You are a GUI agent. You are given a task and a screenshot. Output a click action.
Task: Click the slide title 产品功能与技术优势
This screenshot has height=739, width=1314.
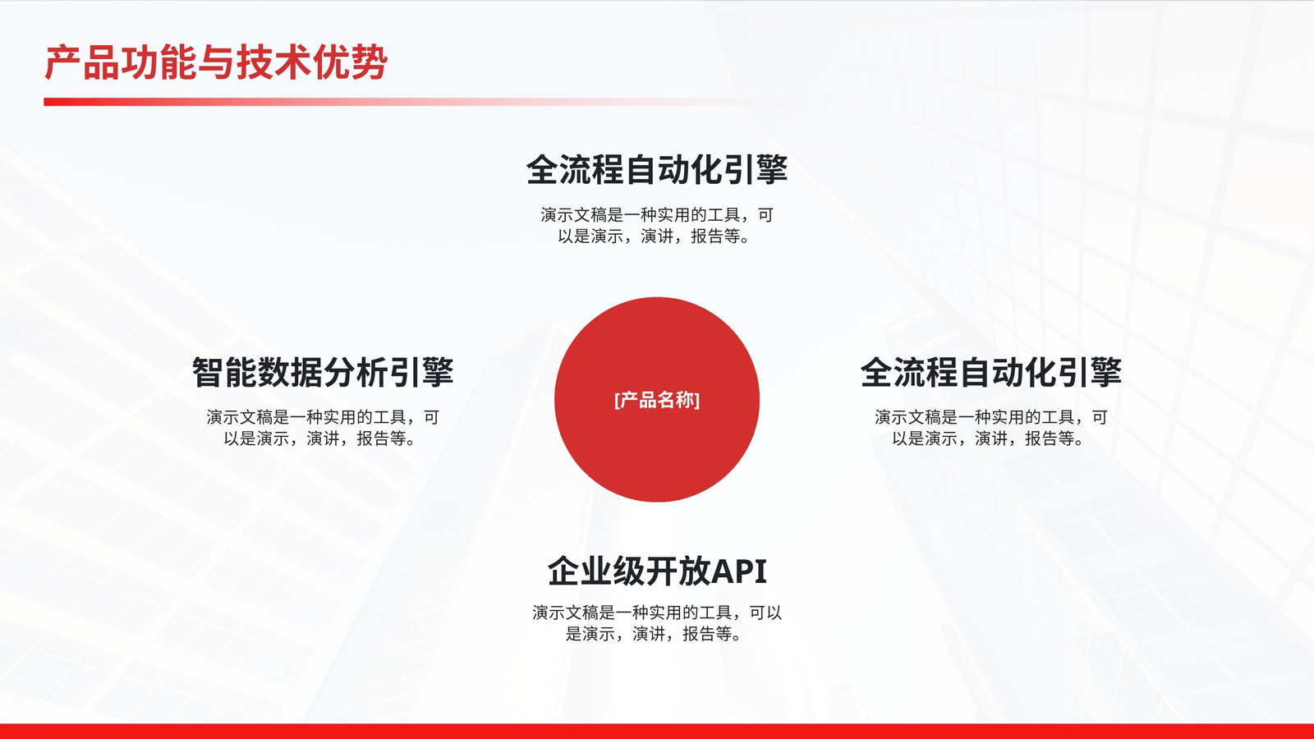pos(216,62)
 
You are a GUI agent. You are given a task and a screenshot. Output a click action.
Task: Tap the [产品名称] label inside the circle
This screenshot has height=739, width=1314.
pos(657,400)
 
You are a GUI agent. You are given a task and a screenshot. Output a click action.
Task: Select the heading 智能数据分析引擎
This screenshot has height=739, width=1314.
pos(323,373)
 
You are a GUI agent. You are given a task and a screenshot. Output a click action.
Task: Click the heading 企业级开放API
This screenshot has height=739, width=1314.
pos(657,571)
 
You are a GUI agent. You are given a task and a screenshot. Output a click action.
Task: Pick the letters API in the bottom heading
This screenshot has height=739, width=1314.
pos(739,571)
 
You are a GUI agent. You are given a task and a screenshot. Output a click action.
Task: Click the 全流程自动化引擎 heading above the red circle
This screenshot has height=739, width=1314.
pos(657,170)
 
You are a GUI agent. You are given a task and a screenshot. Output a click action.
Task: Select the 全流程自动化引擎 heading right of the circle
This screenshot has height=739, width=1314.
pos(991,373)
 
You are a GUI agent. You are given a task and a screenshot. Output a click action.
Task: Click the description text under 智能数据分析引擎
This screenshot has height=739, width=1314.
pos(323,428)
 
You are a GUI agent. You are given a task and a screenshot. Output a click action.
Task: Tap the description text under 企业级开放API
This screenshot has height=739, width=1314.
pos(657,623)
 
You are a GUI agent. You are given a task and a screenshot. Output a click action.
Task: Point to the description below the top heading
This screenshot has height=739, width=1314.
pos(657,225)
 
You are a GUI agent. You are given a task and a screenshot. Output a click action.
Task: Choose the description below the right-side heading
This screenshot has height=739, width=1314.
pos(991,428)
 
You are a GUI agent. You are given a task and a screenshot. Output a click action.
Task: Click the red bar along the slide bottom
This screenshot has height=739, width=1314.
pos(657,732)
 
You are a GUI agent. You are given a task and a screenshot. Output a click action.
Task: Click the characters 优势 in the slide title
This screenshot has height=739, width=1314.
pos(350,62)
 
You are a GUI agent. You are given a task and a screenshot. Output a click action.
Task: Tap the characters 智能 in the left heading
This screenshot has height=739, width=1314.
pos(225,373)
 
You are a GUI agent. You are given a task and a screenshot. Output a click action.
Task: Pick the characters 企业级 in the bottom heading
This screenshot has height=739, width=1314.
pos(596,571)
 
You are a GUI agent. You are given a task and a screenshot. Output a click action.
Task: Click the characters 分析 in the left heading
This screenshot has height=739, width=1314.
pos(356,373)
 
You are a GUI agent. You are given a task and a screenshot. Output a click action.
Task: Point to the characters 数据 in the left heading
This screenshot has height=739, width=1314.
pos(291,373)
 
